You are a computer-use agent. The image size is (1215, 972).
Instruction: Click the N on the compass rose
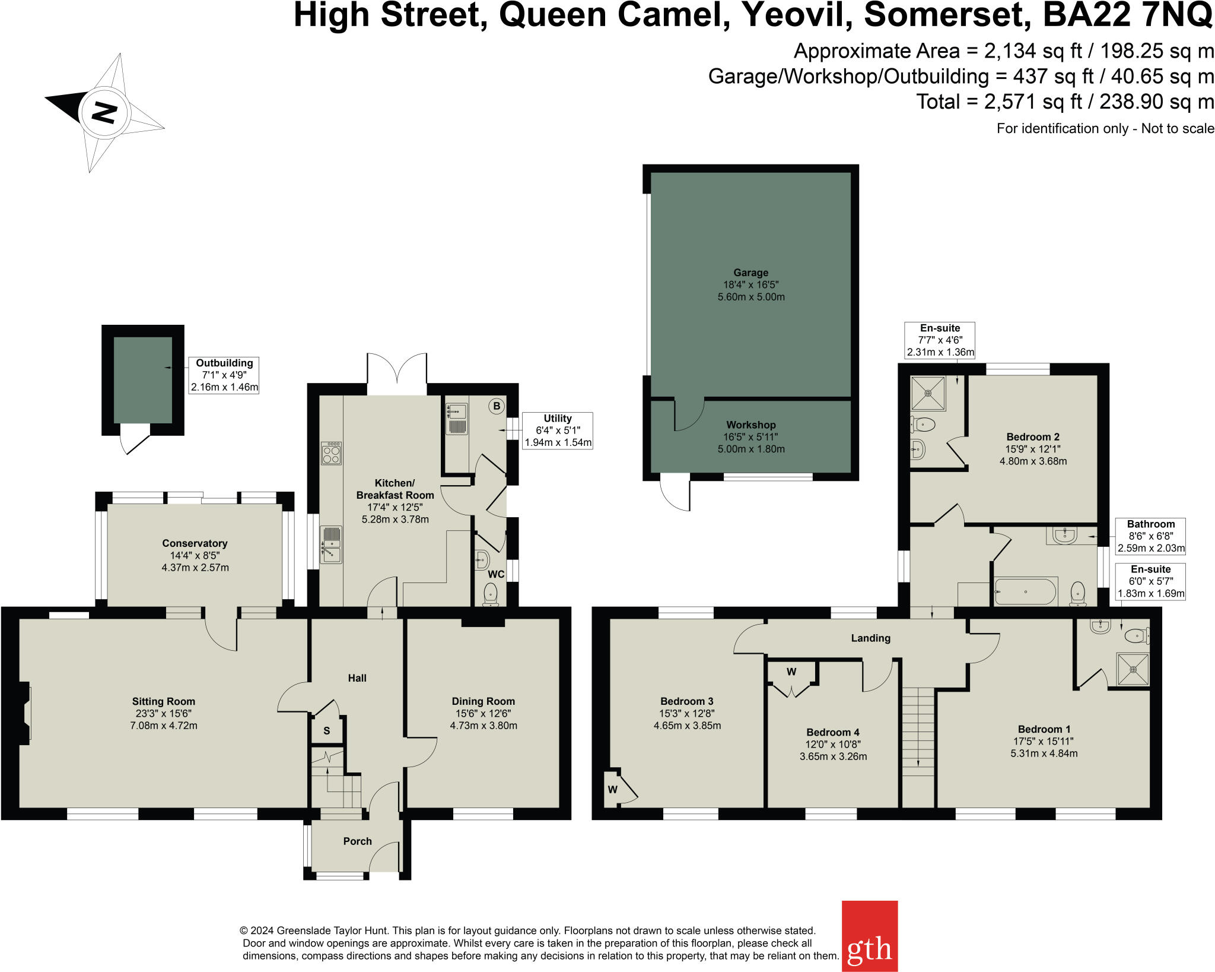pyautogui.click(x=104, y=112)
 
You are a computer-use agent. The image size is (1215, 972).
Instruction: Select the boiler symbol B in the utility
pyautogui.click(x=497, y=406)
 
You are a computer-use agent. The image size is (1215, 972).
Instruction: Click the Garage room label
pyautogui.click(x=750, y=273)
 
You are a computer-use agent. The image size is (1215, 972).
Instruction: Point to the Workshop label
pyautogui.click(x=750, y=425)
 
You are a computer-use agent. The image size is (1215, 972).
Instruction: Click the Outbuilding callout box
pyautogui.click(x=224, y=375)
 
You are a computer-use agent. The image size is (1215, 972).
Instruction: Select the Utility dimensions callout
pyautogui.click(x=558, y=430)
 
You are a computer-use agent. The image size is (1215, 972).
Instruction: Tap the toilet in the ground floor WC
pyautogui.click(x=491, y=593)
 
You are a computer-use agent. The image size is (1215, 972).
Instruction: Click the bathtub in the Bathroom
pyautogui.click(x=1025, y=591)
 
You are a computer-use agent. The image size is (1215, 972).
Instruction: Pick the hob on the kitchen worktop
pyautogui.click(x=331, y=453)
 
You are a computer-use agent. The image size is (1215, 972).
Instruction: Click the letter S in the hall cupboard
pyautogui.click(x=326, y=731)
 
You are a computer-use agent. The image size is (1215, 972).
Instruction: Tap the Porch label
pyautogui.click(x=357, y=841)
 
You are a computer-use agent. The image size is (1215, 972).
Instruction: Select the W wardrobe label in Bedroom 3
pyautogui.click(x=613, y=790)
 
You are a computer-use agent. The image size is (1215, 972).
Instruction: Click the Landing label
pyautogui.click(x=870, y=638)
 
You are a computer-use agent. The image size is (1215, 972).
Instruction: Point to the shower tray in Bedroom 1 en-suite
pyautogui.click(x=1133, y=669)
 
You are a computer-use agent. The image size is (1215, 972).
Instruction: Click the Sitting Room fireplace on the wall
pyautogui.click(x=24, y=713)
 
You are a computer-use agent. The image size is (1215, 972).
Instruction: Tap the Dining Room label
pyautogui.click(x=483, y=701)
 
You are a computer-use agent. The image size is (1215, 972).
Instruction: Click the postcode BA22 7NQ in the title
pyautogui.click(x=1127, y=15)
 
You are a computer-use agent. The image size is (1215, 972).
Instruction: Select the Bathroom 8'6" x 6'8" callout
pyautogui.click(x=1150, y=536)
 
